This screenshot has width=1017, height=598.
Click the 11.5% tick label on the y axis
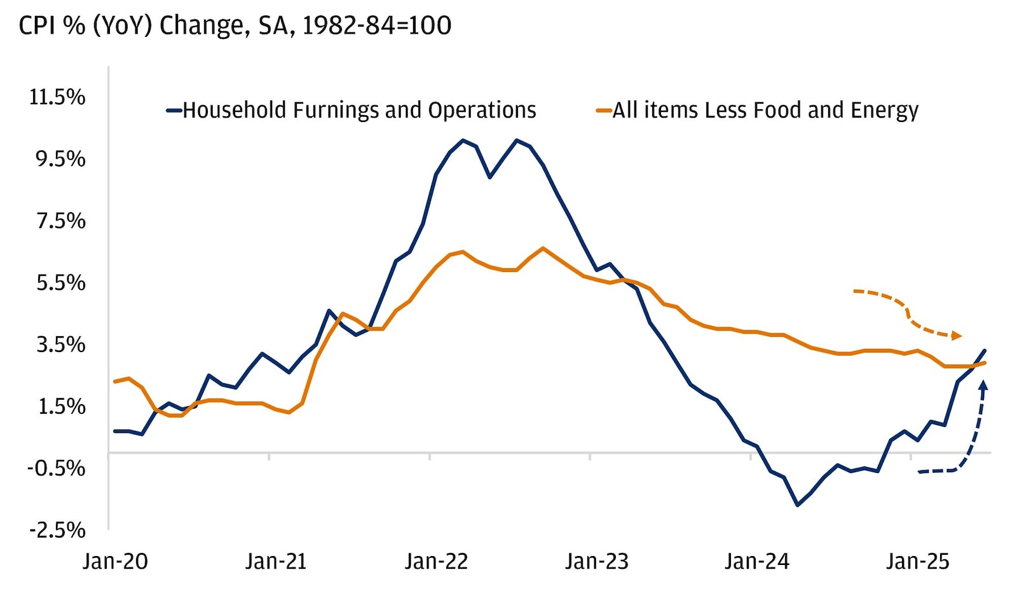(57, 97)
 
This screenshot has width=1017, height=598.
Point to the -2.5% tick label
(57, 530)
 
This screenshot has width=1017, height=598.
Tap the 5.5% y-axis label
(60, 283)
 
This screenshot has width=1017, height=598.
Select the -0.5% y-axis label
(57, 468)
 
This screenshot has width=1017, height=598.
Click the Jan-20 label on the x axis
(115, 562)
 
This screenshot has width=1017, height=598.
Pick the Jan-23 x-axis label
(596, 562)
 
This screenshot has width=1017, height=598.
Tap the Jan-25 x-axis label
(917, 562)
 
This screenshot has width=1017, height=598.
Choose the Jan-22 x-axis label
(436, 562)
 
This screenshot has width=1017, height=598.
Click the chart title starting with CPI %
(235, 26)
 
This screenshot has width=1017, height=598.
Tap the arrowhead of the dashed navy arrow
(983, 384)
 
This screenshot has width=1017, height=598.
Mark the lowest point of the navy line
(797, 505)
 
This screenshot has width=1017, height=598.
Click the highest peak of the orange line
(542, 248)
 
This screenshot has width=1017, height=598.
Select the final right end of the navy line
(985, 350)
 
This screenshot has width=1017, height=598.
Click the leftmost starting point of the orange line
(115, 381)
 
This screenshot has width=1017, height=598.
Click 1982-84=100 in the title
(376, 26)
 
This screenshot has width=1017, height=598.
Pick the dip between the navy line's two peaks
(489, 177)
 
